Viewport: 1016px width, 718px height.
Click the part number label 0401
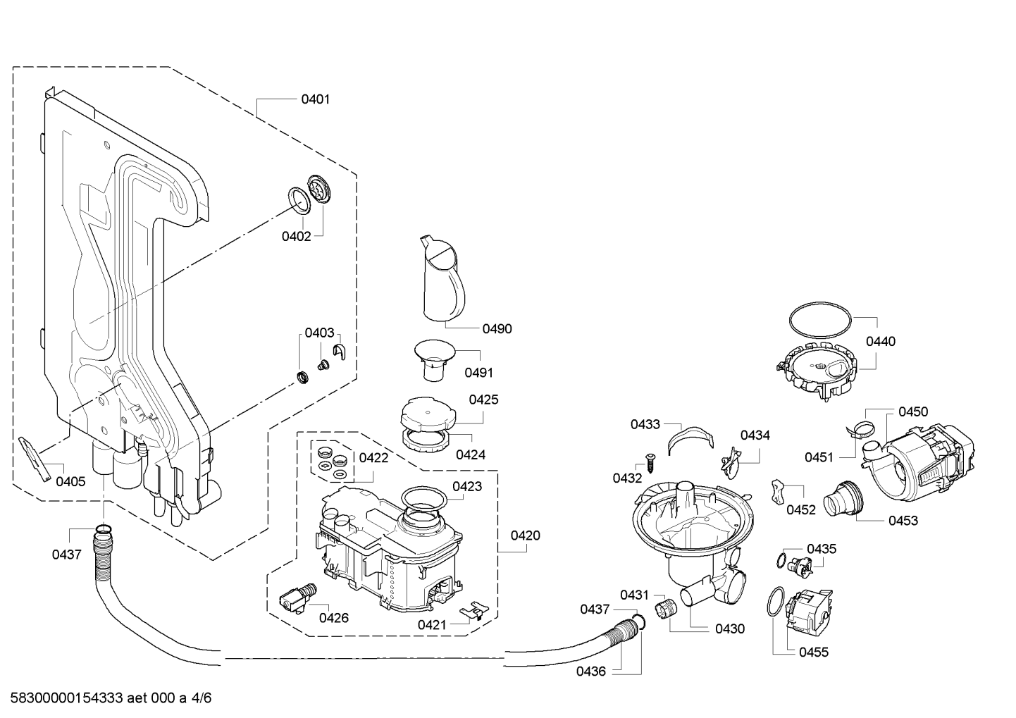tap(315, 99)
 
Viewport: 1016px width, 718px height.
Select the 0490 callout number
tap(497, 329)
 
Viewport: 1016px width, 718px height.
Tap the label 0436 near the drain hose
tap(591, 671)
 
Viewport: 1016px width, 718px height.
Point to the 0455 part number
tap(814, 652)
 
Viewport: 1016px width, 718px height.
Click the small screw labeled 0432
tap(650, 464)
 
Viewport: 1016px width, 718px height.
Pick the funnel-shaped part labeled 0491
tap(435, 360)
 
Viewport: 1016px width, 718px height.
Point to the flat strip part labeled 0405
tap(35, 459)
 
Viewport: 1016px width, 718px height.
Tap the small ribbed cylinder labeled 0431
tap(665, 608)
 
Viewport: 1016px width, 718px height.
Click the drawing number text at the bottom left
tap(111, 698)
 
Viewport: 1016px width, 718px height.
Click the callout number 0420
tap(525, 536)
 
